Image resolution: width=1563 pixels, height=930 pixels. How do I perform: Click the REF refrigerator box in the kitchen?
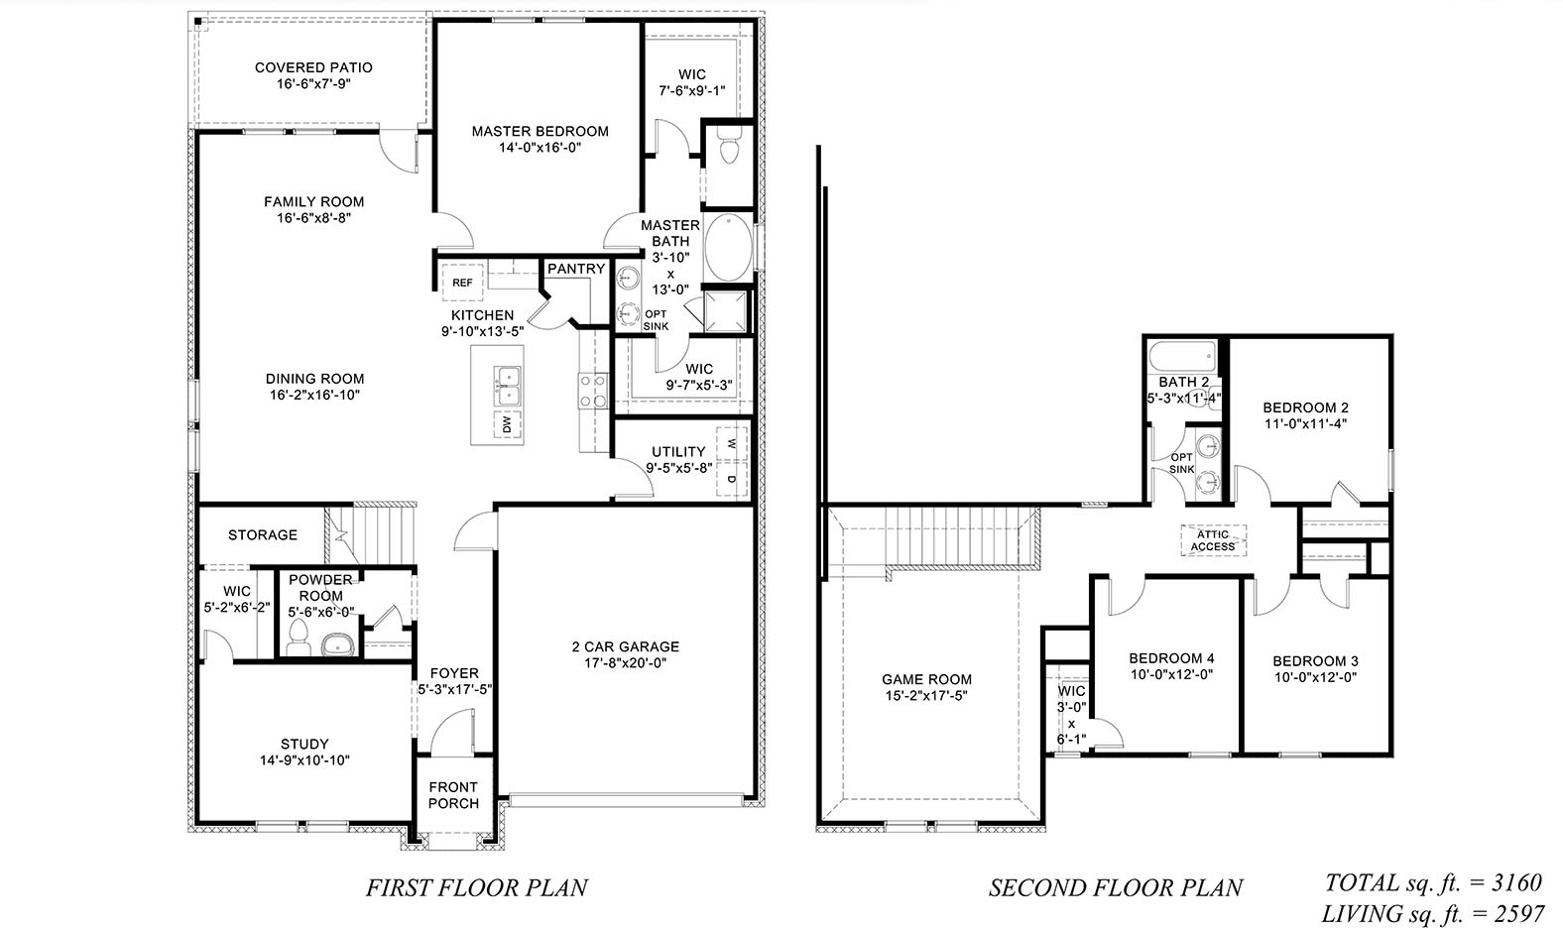click(x=462, y=283)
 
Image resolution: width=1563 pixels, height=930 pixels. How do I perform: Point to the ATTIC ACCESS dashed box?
click(x=1213, y=540)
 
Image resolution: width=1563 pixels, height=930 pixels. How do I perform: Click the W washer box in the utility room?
click(x=732, y=443)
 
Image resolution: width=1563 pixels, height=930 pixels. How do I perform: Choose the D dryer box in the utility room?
click(x=732, y=480)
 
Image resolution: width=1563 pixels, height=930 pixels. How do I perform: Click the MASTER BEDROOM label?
click(x=540, y=131)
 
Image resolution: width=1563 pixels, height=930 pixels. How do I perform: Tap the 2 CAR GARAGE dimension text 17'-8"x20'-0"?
click(x=625, y=663)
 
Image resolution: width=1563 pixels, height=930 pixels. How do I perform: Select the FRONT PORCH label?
click(x=453, y=795)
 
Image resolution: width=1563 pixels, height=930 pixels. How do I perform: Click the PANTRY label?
click(x=575, y=269)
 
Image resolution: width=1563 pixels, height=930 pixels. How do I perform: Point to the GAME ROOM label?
click(x=926, y=679)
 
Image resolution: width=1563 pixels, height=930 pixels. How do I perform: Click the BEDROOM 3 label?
click(x=1315, y=661)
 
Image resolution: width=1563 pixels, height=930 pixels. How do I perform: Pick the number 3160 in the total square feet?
click(x=1515, y=881)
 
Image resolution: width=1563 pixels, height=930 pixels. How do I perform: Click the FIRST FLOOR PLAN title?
click(x=477, y=886)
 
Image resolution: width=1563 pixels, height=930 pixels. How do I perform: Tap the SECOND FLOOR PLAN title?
click(x=1115, y=887)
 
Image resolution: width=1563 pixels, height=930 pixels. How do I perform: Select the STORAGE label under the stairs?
click(x=263, y=534)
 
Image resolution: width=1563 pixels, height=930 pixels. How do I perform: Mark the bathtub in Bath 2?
click(x=1182, y=354)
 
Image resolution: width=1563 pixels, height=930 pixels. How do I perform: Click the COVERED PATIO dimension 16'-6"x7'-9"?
click(x=313, y=84)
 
